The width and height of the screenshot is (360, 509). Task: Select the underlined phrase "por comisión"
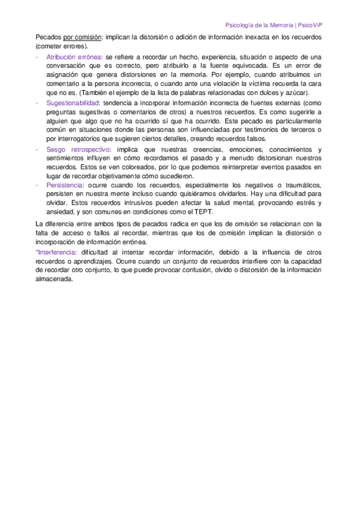coord(82,37)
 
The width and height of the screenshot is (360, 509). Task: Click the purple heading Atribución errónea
coord(70,56)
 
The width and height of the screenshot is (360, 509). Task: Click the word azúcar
coord(295,93)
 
